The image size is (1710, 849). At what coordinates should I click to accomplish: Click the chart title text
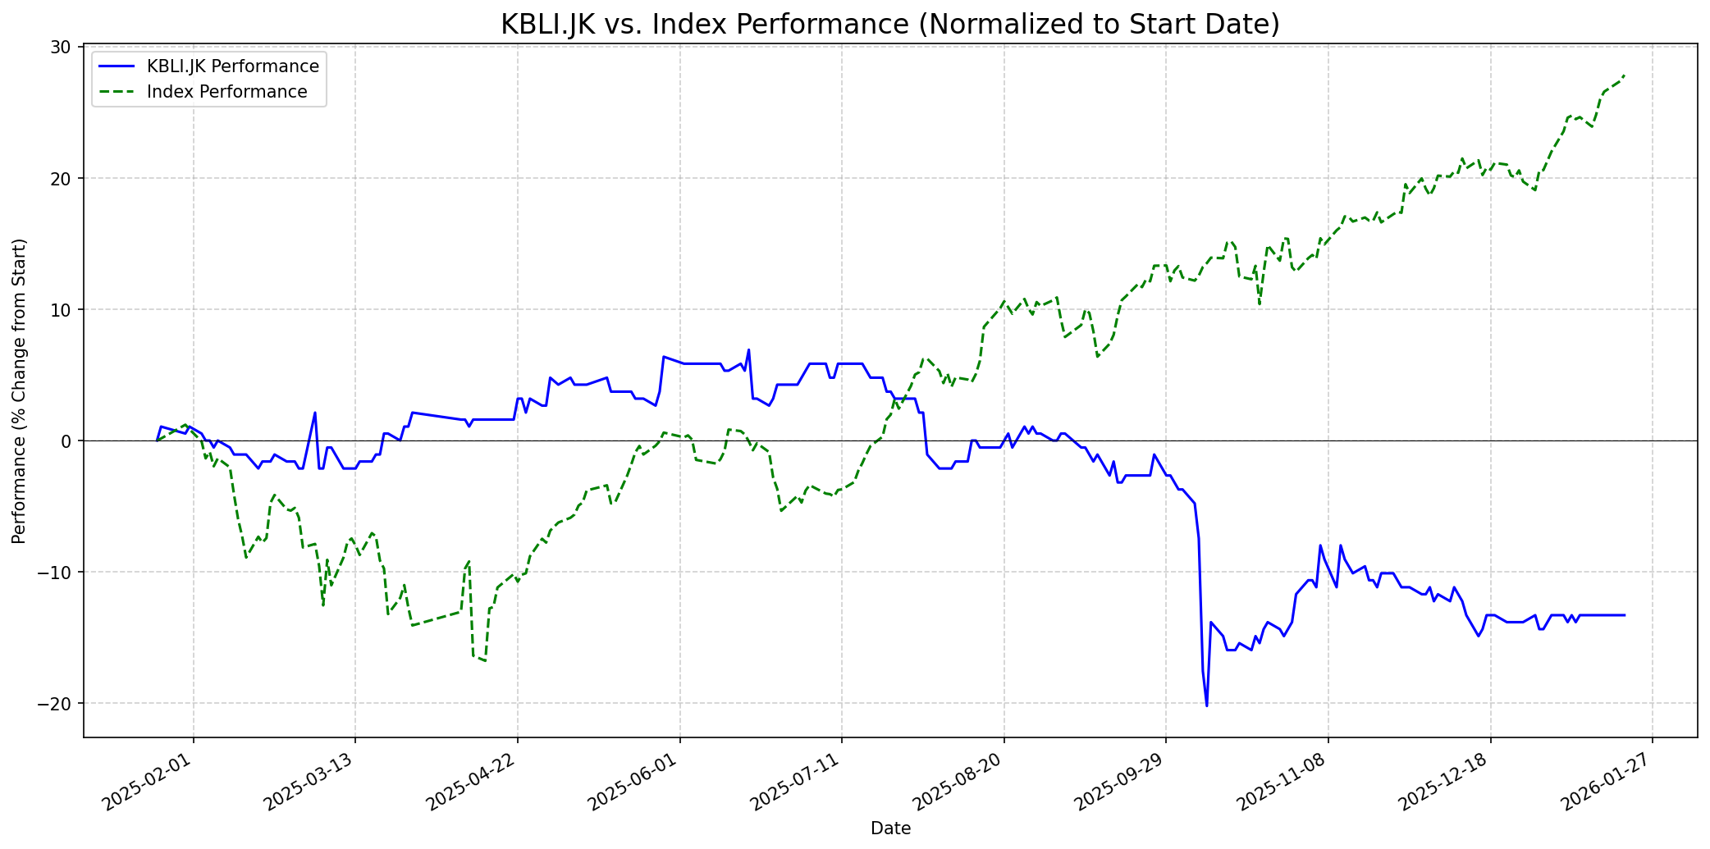click(889, 24)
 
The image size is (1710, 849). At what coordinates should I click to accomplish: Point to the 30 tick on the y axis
click(61, 47)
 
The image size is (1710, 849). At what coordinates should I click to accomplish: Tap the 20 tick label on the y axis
click(61, 178)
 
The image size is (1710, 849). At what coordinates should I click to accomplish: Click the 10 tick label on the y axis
click(61, 309)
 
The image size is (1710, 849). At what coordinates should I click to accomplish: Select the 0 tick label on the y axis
click(66, 440)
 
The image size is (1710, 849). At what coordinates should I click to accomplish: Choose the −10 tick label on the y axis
click(57, 572)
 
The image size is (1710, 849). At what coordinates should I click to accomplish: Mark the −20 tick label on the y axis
click(57, 703)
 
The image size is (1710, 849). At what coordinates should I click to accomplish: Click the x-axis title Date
click(890, 828)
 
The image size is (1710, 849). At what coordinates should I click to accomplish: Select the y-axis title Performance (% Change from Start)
click(20, 391)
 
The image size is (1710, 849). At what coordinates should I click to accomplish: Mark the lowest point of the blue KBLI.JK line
click(1206, 705)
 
